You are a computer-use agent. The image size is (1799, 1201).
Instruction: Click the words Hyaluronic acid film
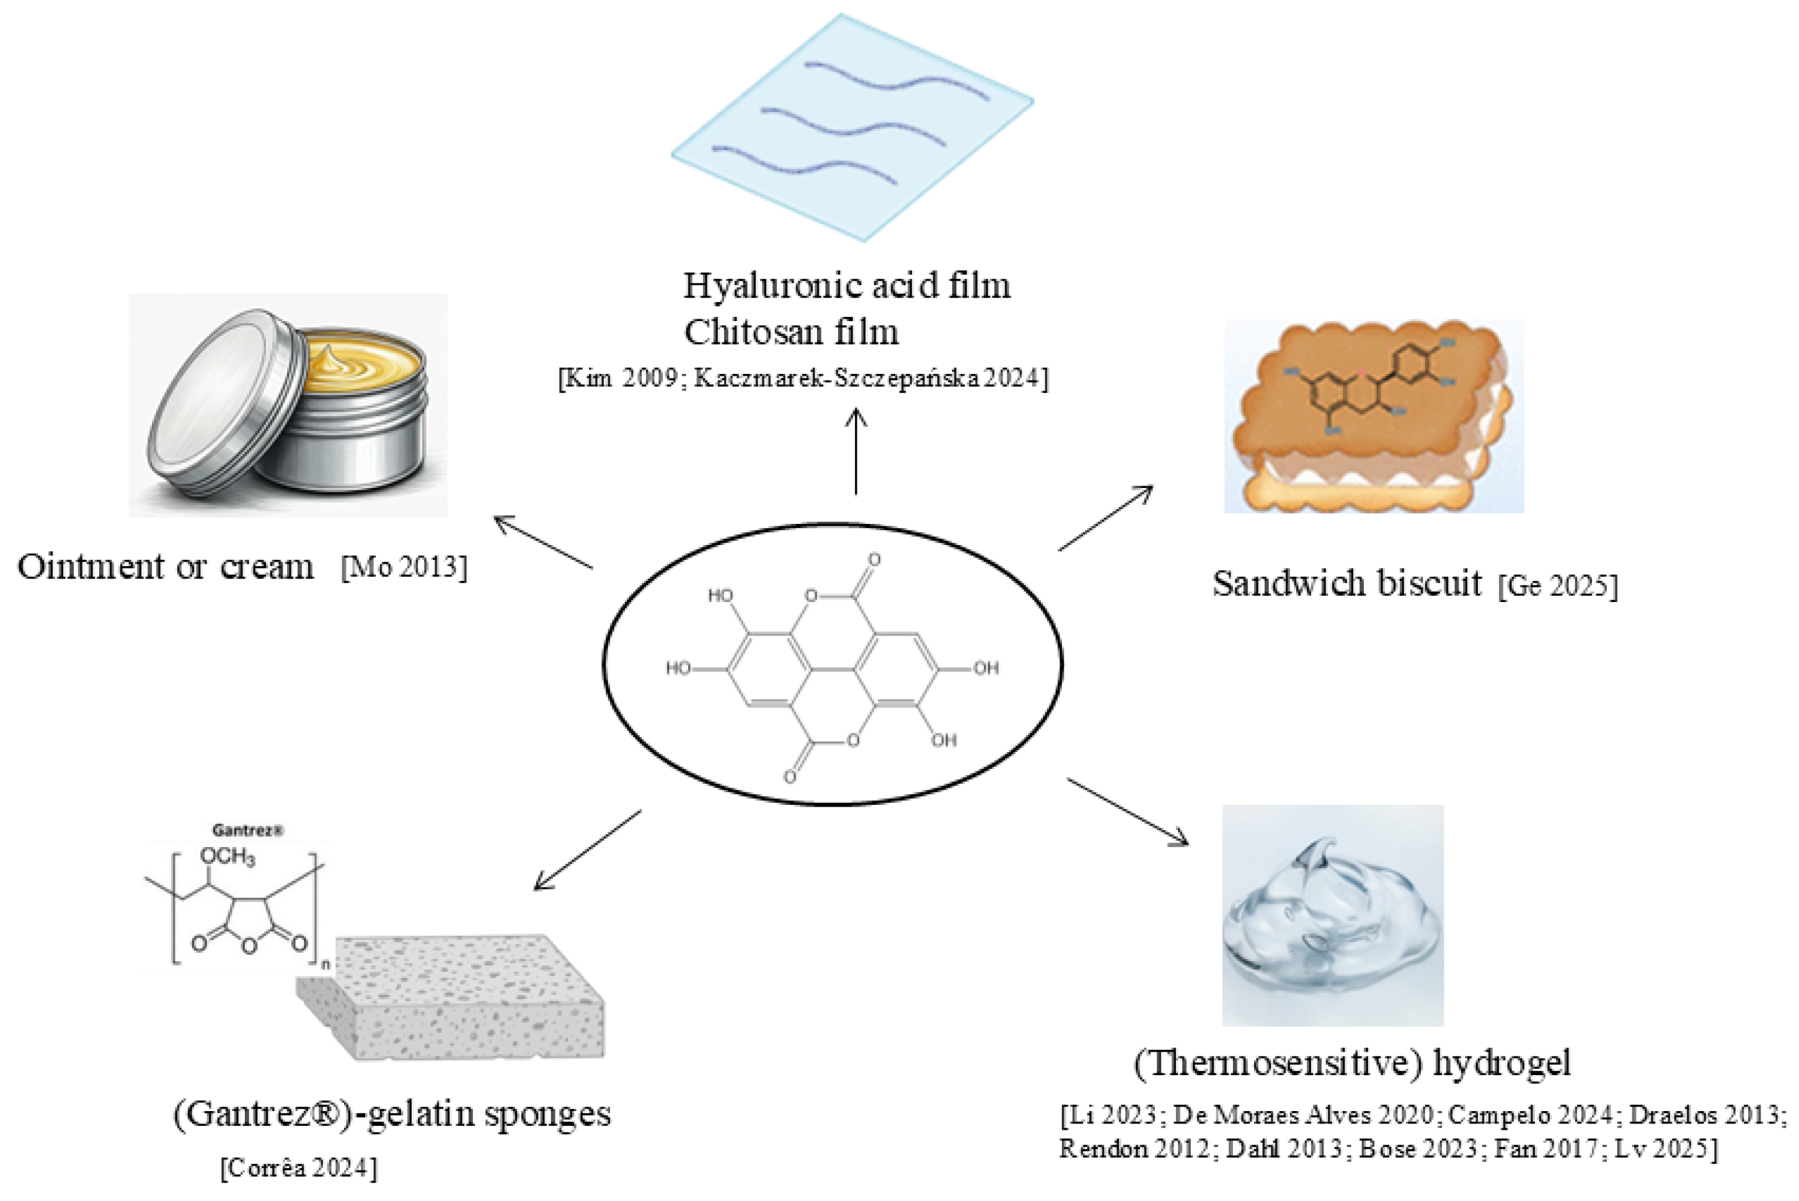pos(846,286)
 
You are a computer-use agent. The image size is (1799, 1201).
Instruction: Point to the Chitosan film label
pos(791,332)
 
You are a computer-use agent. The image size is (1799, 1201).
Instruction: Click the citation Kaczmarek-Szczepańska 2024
pos(869,378)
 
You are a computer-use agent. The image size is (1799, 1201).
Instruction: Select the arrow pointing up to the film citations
pos(855,452)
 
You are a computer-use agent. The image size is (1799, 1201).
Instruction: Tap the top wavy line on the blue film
pos(896,81)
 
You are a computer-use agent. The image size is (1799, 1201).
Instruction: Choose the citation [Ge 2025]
pos(1558,586)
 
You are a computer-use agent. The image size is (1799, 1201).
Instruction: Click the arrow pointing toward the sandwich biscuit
pos(1106,518)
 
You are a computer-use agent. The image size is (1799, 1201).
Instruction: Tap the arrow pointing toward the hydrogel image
pos(1128,812)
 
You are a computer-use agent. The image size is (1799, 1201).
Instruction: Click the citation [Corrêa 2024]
pos(299,1169)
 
